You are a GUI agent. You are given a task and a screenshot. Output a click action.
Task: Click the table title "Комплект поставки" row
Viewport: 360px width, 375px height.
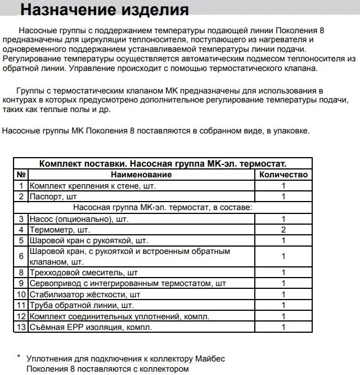[163, 164]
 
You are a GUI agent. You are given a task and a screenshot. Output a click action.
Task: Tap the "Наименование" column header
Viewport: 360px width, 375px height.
[141, 175]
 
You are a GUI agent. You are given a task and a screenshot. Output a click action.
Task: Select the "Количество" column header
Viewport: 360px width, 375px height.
[283, 175]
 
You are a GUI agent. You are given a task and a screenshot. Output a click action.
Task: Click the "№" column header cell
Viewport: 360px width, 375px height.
[21, 175]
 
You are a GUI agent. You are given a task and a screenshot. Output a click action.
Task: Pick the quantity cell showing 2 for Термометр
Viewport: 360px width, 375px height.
[283, 230]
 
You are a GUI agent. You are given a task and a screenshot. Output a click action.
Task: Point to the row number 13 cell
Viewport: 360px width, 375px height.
[21, 327]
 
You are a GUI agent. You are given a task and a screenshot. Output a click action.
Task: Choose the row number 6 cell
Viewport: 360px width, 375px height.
[21, 256]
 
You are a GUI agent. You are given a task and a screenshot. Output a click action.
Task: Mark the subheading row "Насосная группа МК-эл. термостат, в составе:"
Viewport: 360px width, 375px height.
[163, 207]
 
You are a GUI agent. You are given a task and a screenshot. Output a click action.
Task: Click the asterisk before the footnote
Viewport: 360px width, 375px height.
[19, 357]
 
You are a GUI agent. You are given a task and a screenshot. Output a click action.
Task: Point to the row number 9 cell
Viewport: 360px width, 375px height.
[21, 283]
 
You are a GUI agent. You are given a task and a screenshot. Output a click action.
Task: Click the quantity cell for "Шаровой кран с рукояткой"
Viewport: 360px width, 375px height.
[283, 240]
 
